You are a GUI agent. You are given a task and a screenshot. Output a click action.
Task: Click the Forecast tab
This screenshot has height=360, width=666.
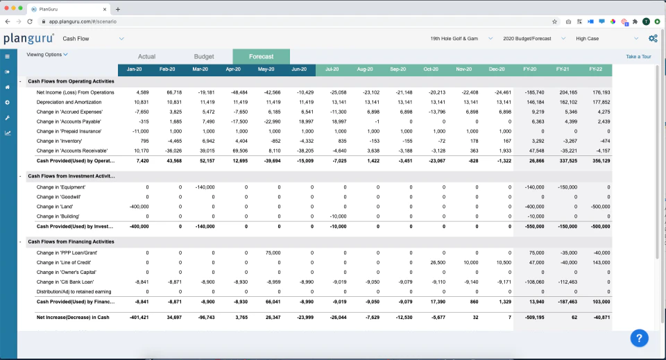pos(261,57)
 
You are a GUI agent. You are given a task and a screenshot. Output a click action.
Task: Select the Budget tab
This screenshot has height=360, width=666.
pos(203,57)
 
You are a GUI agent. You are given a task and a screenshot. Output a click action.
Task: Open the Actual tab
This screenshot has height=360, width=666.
pos(146,57)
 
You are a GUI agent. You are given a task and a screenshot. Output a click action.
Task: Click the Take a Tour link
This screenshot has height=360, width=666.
pos(638,57)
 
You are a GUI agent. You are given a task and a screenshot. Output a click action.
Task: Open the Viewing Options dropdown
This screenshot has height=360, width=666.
pos(47,54)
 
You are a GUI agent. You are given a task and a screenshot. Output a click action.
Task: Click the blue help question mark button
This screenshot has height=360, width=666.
pos(640,338)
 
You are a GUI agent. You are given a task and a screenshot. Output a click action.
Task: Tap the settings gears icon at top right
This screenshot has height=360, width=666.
pos(653,39)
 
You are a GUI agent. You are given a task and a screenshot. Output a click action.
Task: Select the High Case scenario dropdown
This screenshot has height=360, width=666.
pos(607,39)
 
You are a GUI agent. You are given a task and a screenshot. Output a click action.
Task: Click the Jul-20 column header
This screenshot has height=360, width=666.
pos(332,69)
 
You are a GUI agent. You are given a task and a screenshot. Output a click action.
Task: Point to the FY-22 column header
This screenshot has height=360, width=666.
pos(595,69)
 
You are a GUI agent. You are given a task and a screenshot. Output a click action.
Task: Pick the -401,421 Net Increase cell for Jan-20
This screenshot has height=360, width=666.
pos(138,317)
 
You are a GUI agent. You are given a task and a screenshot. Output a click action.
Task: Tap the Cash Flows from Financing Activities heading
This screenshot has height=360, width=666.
pos(71,242)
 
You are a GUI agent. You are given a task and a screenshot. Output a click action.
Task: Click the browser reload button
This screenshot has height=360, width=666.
pos(30,22)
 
